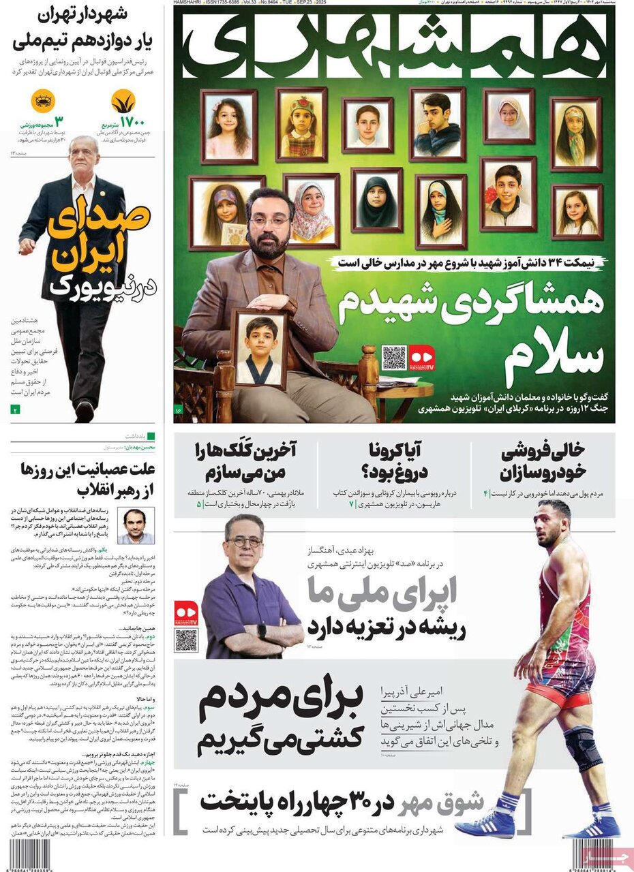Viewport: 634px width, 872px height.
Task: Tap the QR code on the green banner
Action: click(393, 358)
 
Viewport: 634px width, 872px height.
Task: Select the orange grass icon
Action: click(123, 102)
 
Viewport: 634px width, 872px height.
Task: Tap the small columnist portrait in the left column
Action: click(135, 525)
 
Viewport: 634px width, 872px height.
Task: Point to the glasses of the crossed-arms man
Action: click(245, 542)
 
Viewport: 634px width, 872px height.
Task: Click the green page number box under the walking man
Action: click(15, 409)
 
